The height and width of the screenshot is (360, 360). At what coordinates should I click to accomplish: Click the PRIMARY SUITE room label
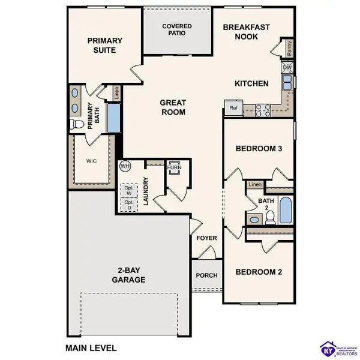[x=104, y=46]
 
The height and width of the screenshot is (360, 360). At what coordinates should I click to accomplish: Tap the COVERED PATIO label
[x=177, y=30]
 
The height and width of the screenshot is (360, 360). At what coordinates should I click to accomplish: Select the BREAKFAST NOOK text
[x=247, y=32]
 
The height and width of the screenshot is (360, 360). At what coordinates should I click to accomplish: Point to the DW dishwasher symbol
[x=287, y=68]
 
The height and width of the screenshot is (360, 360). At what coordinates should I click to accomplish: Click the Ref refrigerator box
[x=232, y=108]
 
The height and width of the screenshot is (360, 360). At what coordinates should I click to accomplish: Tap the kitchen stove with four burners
[x=263, y=109]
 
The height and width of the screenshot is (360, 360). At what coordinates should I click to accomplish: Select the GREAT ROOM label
[x=172, y=107]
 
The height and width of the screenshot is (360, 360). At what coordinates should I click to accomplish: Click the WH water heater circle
[x=125, y=166]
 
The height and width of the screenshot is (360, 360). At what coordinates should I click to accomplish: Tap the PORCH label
[x=206, y=275]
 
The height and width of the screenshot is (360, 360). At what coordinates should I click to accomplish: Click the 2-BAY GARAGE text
[x=128, y=275]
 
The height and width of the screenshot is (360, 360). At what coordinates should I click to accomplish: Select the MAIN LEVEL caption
[x=90, y=347]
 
